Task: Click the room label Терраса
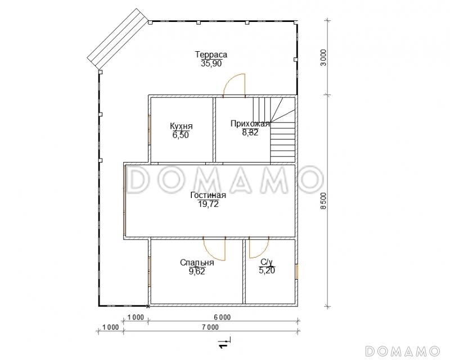pos(211,55)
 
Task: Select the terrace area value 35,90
pos(211,64)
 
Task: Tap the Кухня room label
pos(181,127)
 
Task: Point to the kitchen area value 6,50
pos(181,135)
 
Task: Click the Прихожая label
pos(250,124)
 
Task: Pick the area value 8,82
pos(250,132)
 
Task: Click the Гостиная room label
pos(208,195)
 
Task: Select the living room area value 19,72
pos(208,204)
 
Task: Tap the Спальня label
pos(197,263)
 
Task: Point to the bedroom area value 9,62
pos(197,271)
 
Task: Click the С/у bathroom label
pos(267,262)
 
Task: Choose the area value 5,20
pos(267,271)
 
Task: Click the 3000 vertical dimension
pos(323,58)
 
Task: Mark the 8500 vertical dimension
pos(323,201)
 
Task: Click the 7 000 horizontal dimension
pos(209,327)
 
